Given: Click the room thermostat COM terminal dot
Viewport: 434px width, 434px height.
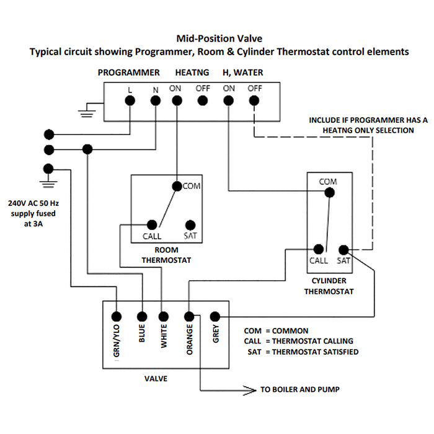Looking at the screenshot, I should coord(177,185).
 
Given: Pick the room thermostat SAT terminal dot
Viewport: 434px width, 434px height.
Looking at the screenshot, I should coord(190,224).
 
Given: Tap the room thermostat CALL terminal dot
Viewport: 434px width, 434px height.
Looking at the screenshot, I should coord(151,224).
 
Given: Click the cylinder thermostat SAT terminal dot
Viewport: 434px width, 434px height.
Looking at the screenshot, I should coord(343,249).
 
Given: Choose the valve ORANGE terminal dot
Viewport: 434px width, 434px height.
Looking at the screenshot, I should coord(189,316).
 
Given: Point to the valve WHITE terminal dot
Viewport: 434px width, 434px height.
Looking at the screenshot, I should coord(164,316).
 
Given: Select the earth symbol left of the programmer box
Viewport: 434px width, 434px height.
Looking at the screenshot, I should coord(86,112).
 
